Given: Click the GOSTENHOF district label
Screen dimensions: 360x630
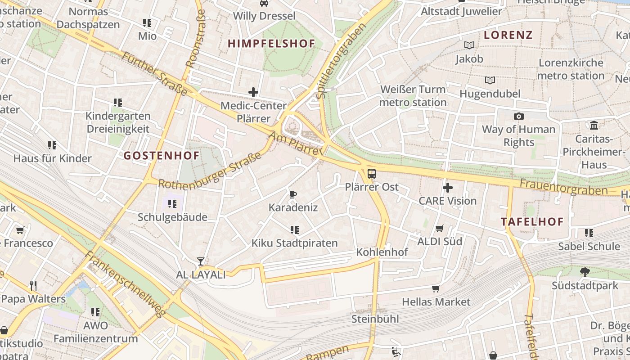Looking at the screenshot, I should pos(162,156).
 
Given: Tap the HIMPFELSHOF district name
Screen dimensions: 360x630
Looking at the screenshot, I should pos(271,44).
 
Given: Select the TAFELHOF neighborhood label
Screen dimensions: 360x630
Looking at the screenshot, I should pos(532,222).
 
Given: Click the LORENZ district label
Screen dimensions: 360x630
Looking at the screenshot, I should pos(508,35).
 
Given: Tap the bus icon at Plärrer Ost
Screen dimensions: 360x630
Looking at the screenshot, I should pos(372,174).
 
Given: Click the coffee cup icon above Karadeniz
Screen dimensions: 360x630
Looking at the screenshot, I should pos(293,194).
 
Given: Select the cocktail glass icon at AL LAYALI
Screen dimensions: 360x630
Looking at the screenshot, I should pos(201,261).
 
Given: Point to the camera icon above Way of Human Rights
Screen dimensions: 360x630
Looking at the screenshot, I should pos(518,116).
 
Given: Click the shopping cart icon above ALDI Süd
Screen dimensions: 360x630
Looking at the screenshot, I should pos(440,228).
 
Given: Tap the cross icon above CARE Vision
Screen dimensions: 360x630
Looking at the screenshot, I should pos(447,188).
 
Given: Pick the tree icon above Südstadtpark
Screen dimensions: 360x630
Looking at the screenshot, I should pos(585,272).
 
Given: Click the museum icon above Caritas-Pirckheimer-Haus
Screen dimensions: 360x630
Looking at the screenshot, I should pos(594,125).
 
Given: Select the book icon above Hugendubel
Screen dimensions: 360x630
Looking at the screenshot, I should pos(490,80).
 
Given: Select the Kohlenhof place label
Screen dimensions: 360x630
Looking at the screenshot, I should pos(382,252).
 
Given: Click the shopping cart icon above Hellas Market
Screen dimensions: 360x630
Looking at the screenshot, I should pos(436,288).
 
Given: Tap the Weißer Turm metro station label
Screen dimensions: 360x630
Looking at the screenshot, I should pos(413,96).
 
